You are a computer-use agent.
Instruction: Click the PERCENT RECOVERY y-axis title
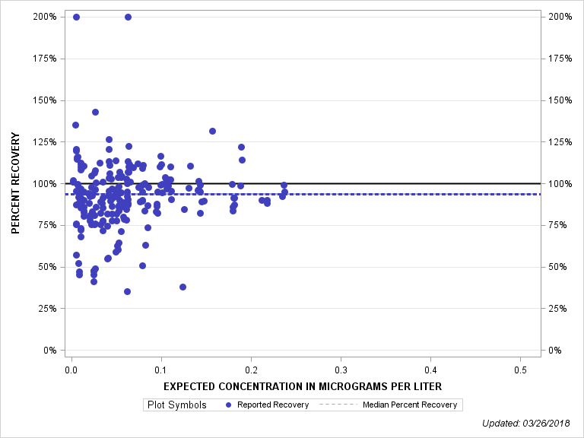tap(15, 183)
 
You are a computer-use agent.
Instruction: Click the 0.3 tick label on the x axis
tap(341, 370)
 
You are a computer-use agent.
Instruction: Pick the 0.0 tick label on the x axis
tap(71, 370)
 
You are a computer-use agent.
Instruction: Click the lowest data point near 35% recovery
tap(127, 291)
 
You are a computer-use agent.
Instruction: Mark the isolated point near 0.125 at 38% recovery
tap(182, 287)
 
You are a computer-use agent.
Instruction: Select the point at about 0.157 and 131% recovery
tap(212, 131)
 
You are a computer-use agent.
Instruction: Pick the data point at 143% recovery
tap(96, 112)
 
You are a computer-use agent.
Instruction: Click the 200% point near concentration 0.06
tap(128, 17)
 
